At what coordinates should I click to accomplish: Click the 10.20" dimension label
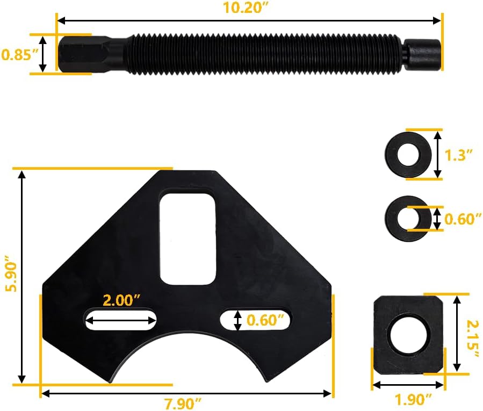246,8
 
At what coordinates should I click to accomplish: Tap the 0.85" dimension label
20,55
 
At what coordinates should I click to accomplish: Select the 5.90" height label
12,273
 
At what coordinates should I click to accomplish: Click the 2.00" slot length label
121,300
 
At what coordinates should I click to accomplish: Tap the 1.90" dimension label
414,400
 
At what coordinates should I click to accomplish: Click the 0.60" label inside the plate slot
265,320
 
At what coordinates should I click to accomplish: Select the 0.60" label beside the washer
463,219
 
